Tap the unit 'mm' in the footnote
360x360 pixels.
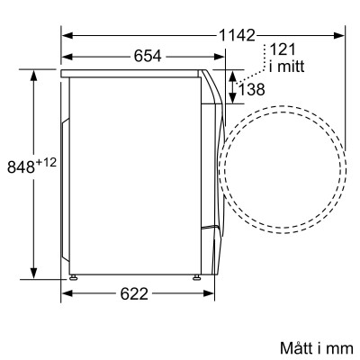point(329,346)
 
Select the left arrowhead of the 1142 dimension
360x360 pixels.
point(67,34)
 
